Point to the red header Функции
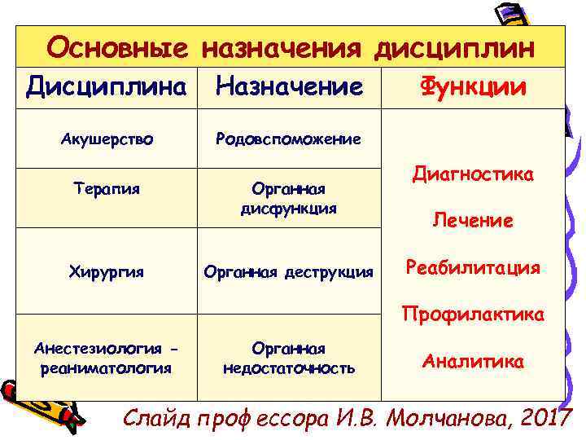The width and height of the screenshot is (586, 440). click(473, 87)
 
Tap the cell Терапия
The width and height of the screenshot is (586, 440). click(107, 189)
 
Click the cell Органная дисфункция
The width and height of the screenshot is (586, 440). click(289, 198)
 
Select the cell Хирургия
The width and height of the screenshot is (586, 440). click(107, 271)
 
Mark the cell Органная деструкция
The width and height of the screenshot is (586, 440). click(289, 271)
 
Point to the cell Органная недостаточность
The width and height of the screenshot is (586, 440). click(289, 358)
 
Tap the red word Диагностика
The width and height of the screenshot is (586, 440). click(473, 174)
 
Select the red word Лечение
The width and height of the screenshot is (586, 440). click(473, 221)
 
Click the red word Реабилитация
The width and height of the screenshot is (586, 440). click(473, 268)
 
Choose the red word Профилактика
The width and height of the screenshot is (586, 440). click(473, 314)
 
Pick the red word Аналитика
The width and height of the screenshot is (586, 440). click(473, 361)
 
